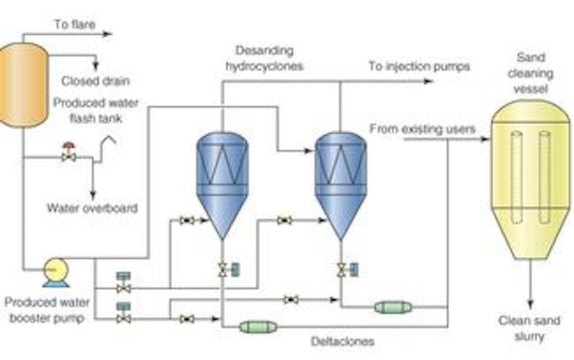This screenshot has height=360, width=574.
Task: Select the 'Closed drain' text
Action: [95, 81]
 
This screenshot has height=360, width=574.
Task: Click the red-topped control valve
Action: [68, 154]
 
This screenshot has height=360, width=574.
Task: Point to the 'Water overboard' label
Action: [92, 208]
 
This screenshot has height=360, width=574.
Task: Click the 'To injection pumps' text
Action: [419, 66]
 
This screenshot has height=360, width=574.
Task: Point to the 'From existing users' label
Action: [423, 129]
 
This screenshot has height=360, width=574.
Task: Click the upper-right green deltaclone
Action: [393, 307]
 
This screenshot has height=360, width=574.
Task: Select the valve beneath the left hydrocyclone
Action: [222, 269]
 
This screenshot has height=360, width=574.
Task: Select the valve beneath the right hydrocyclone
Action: [341, 269]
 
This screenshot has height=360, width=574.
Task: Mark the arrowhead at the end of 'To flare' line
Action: [108, 34]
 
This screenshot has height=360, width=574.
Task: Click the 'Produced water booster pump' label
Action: [47, 310]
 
